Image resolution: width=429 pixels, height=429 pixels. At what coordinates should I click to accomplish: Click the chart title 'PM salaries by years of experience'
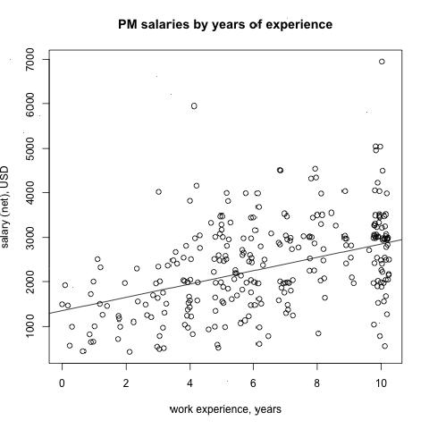(225, 24)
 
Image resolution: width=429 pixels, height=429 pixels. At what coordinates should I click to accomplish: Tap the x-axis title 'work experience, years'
(225, 409)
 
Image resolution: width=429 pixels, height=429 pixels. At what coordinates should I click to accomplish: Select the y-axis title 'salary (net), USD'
(5, 207)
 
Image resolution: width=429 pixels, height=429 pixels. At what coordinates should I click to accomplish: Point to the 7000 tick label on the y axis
(30, 60)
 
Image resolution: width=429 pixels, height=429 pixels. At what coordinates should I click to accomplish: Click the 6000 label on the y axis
(30, 104)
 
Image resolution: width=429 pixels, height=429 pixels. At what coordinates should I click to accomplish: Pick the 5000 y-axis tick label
(30, 148)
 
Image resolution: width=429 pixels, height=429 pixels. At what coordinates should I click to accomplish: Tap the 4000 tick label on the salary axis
(30, 193)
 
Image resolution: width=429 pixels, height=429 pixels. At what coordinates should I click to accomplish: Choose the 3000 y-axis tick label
(30, 237)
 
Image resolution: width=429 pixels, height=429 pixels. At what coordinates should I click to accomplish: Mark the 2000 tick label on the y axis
(30, 282)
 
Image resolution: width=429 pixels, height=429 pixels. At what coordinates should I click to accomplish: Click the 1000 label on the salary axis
(30, 326)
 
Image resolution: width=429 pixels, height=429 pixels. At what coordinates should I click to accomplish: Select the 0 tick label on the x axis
(62, 383)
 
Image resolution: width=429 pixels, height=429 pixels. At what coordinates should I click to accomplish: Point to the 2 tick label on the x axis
(126, 383)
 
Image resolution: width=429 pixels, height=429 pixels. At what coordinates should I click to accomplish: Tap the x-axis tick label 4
(189, 383)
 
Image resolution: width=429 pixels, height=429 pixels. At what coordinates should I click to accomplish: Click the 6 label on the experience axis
(253, 383)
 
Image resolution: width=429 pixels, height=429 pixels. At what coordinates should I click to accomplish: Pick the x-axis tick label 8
(317, 383)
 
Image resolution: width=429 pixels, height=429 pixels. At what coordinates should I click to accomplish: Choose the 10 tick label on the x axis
(381, 383)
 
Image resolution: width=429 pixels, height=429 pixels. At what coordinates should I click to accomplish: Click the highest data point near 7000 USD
(382, 62)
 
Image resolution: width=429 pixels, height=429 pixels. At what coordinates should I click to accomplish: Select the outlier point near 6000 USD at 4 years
(194, 106)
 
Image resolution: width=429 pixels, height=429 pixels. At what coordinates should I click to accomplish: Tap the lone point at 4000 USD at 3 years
(158, 192)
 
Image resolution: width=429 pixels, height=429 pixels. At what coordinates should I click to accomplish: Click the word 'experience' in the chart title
(299, 25)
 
